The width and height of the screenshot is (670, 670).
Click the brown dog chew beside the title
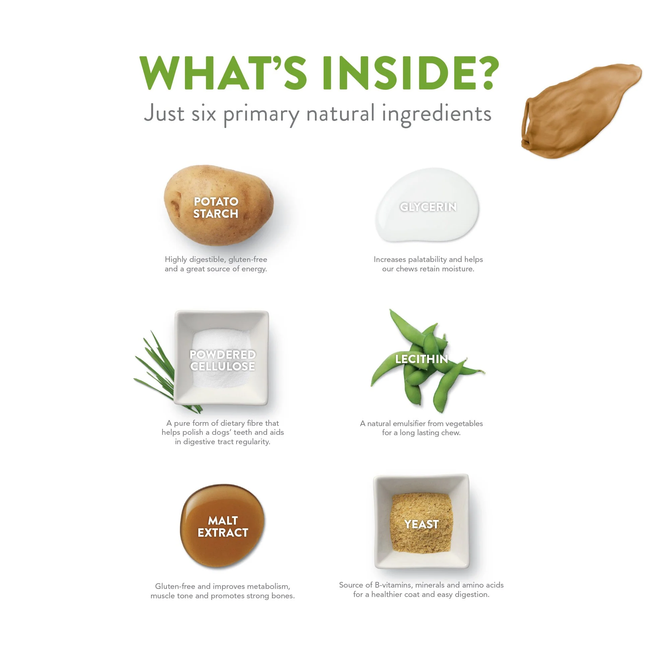point(579,111)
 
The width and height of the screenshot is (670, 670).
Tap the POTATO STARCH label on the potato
point(216,207)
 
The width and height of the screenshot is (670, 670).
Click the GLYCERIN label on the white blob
point(428,207)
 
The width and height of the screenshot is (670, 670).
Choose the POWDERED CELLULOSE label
point(223,360)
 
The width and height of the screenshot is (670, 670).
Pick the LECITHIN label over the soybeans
point(422,359)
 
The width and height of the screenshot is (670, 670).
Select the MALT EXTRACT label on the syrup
point(223,526)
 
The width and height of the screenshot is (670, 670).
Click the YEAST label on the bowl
point(421,524)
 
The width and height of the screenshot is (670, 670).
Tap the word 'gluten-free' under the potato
point(248,259)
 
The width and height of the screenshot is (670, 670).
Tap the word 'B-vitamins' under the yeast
point(394,585)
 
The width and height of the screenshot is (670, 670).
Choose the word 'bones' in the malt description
point(283,596)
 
